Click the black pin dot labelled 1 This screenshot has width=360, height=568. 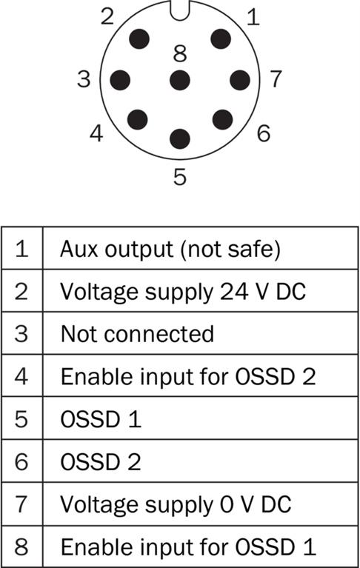click(221, 39)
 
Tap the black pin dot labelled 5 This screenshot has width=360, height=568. click(180, 138)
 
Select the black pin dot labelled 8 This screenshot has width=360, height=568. click(180, 80)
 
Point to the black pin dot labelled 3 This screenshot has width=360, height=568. click(120, 80)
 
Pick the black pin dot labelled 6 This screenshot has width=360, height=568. click(222, 119)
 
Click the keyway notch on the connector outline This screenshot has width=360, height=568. click(180, 11)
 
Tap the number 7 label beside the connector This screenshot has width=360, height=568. click(276, 78)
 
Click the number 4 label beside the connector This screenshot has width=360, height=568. click(96, 133)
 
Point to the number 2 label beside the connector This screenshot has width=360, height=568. click(107, 17)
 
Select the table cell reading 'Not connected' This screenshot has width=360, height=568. click(200, 333)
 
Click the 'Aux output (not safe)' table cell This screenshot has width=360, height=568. click(200, 249)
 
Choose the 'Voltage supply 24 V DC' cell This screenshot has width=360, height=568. click(200, 291)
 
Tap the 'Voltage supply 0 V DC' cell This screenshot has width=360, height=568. click(200, 504)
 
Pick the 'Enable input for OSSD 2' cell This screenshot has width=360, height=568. click(200, 375)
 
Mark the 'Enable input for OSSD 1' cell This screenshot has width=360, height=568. click(200, 547)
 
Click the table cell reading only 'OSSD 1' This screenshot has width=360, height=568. click(200, 418)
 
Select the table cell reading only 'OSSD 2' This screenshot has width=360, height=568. click(200, 461)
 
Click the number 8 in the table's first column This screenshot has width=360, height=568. click(21, 547)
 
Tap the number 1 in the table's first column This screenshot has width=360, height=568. click(21, 249)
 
